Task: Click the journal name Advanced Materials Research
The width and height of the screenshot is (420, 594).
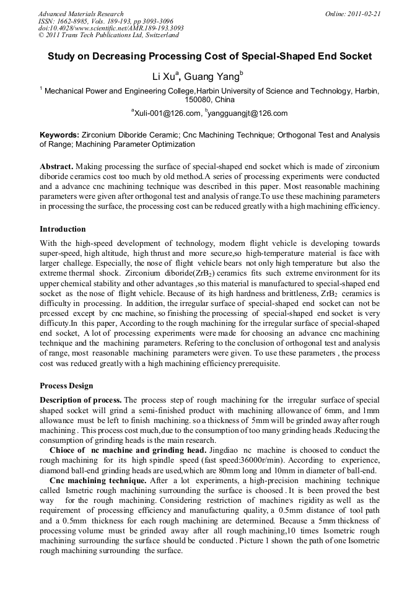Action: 81,14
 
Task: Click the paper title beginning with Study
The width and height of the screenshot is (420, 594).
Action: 210,56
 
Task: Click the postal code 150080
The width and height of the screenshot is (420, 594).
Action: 198,99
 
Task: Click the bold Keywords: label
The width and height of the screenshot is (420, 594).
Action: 59,134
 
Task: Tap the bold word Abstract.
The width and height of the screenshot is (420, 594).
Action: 56,167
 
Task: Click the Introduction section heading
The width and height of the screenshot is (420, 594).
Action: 63,229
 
